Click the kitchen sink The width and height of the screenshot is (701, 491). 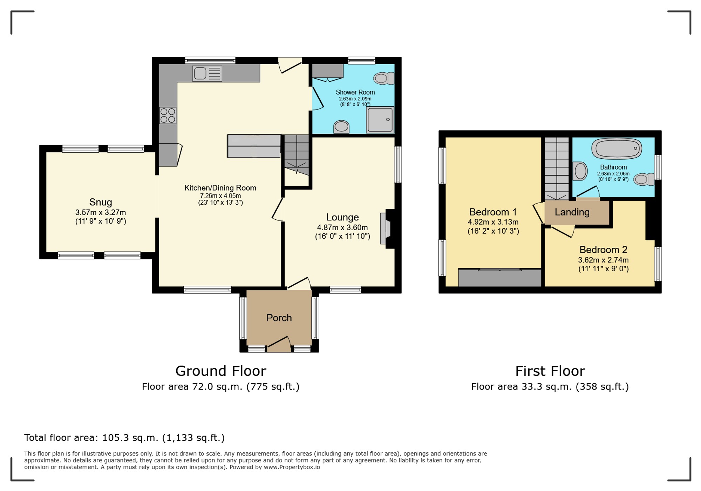click(x=207, y=74)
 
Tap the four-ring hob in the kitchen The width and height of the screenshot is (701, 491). click(x=168, y=116)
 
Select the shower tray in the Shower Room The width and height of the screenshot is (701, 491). click(x=380, y=120)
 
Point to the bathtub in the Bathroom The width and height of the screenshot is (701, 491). click(x=617, y=148)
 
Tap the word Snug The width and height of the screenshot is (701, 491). click(x=101, y=202)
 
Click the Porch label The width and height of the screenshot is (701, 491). click(x=279, y=318)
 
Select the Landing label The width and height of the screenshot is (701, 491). click(x=572, y=212)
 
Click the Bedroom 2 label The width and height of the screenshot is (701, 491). click(x=603, y=250)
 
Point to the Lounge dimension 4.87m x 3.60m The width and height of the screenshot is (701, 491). click(x=342, y=227)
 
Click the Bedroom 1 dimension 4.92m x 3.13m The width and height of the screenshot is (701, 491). click(x=493, y=222)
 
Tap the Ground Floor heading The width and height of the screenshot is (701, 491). click(x=221, y=371)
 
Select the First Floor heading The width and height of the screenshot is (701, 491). click(x=550, y=371)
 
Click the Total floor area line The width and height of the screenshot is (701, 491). click(x=124, y=438)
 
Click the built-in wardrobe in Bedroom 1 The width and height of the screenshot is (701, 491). click(x=500, y=278)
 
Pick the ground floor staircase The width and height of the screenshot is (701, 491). click(x=297, y=155)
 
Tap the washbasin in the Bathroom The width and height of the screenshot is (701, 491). click(x=580, y=171)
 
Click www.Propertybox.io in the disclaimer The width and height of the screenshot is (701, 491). click(x=292, y=467)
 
